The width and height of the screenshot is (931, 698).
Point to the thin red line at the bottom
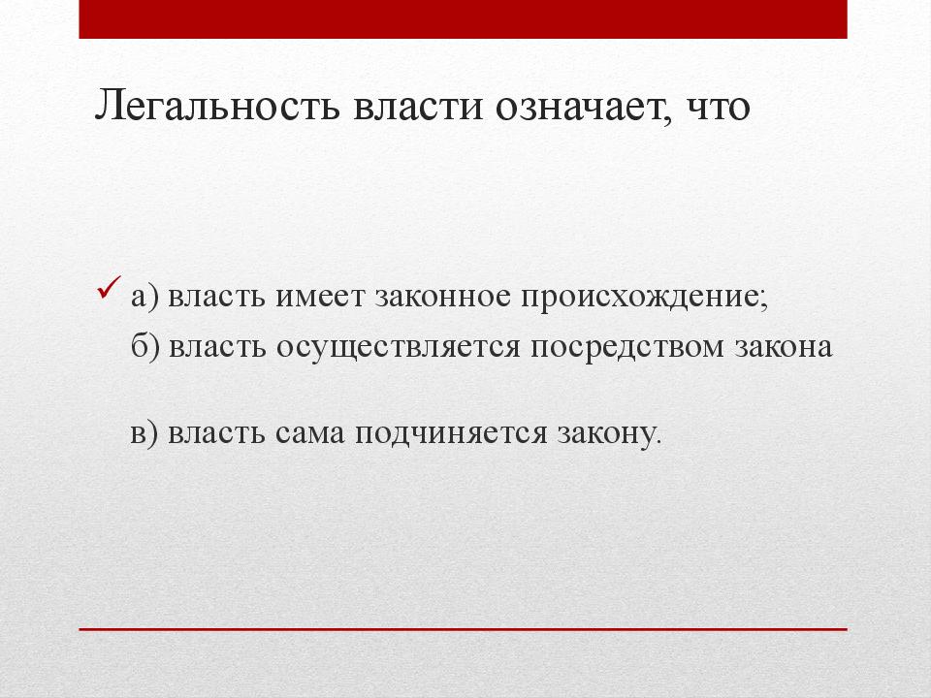(463, 630)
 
